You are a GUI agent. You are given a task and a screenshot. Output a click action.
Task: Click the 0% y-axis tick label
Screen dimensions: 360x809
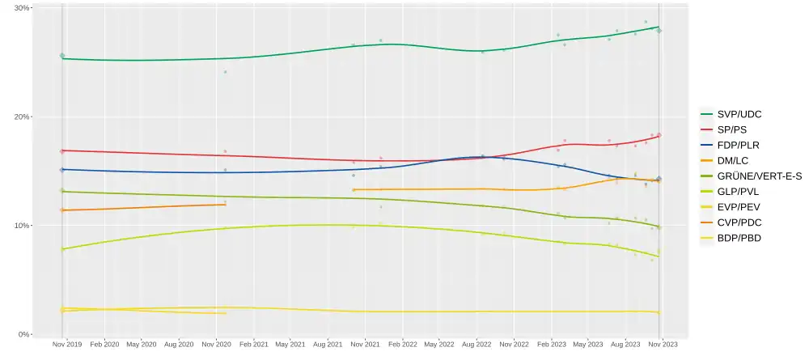(24, 334)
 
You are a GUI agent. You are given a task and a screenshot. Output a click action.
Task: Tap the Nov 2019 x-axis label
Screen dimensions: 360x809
(66, 345)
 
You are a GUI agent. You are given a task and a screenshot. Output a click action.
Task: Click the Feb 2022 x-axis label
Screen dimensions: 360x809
(403, 345)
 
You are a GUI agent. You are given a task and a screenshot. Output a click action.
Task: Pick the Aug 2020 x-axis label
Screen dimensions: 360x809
(179, 345)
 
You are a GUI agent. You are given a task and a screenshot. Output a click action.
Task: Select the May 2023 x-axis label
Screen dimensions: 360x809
(589, 345)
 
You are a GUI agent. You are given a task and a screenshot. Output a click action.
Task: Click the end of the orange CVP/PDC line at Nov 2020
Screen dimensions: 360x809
(225, 205)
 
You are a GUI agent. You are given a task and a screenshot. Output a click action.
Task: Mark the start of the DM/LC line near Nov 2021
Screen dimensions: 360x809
(354, 190)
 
